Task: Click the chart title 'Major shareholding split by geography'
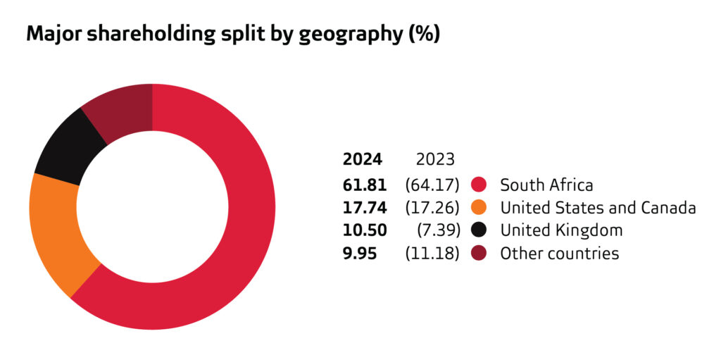[x=232, y=35]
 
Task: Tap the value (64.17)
[x=432, y=185]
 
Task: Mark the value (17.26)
[x=432, y=207]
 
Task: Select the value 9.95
[x=359, y=254]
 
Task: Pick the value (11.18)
[x=432, y=254]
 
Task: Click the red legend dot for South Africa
[x=479, y=185]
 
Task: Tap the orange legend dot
[x=479, y=207]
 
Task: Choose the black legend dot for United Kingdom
[x=479, y=230]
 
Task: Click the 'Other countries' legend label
[x=559, y=254]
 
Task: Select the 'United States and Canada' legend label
[x=598, y=207]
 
